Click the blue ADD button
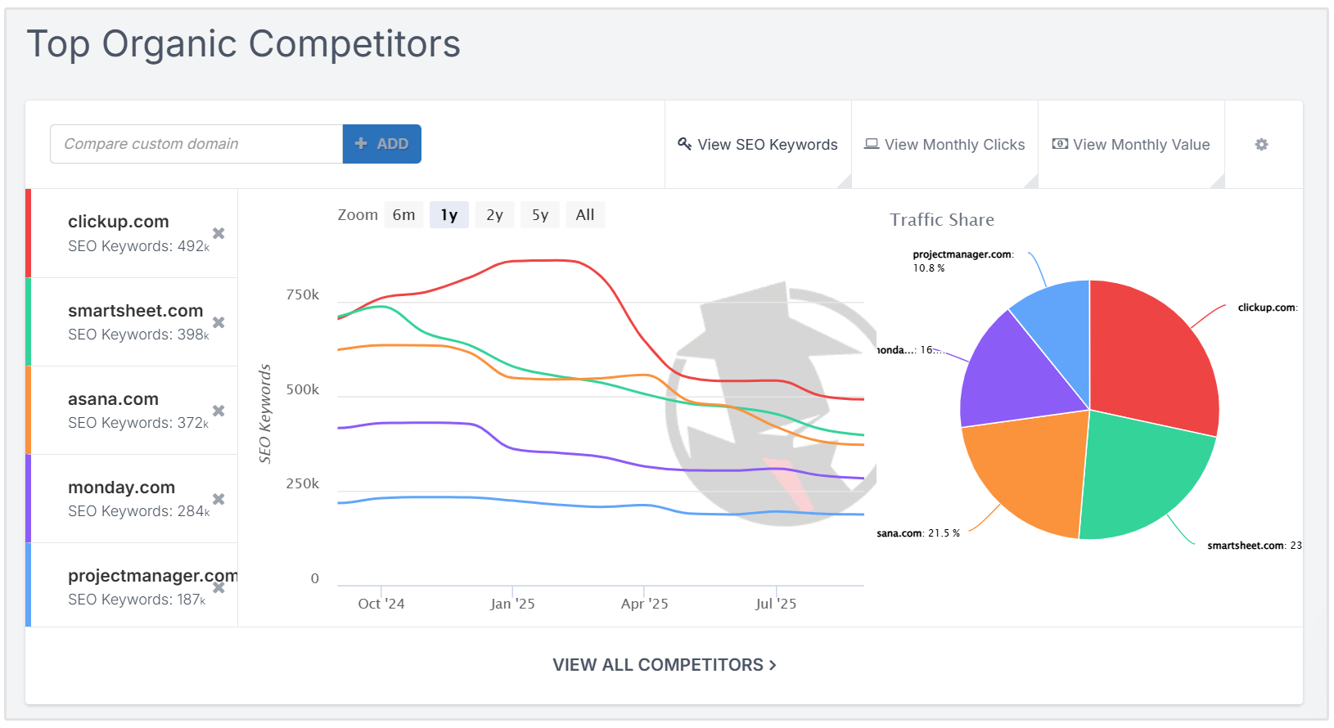pos(381,144)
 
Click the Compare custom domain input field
pos(196,144)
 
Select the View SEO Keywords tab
pos(758,145)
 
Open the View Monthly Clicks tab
pos(944,145)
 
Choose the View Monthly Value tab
pos(1131,145)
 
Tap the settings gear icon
pos(1261,145)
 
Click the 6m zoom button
pos(403,215)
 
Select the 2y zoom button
pos(494,215)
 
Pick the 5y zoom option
pos(540,215)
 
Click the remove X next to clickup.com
pos(219,233)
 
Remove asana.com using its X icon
pos(219,411)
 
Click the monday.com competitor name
pos(121,488)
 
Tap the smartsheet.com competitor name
pos(135,311)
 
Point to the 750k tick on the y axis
pos(302,294)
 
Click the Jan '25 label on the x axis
pos(512,604)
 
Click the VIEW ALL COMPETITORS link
pos(664,665)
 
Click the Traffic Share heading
pos(941,220)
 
